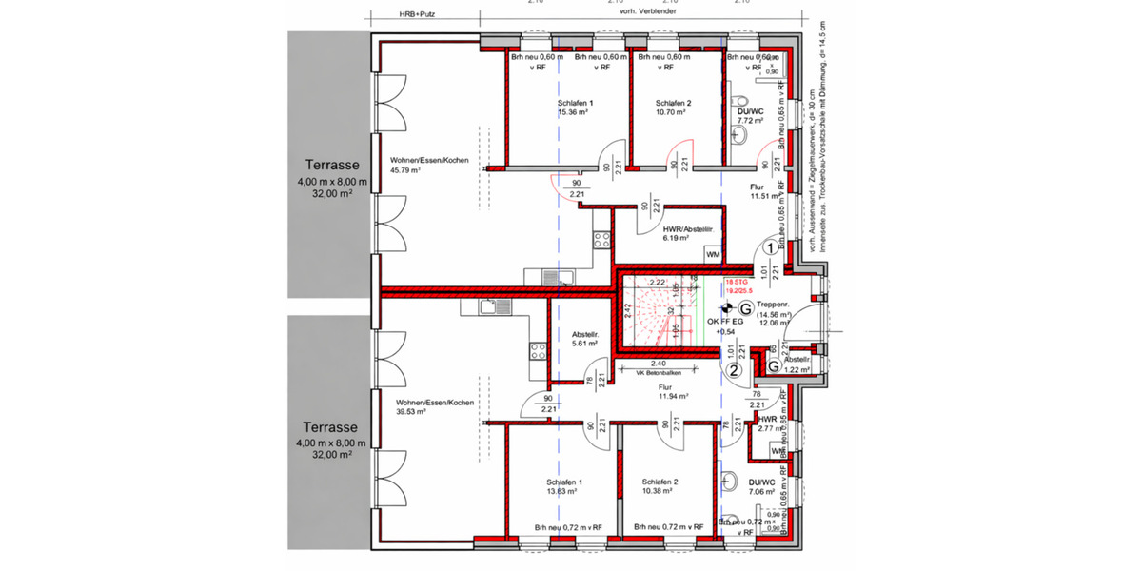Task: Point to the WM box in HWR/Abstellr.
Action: [x=713, y=254]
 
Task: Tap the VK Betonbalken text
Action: [x=660, y=373]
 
